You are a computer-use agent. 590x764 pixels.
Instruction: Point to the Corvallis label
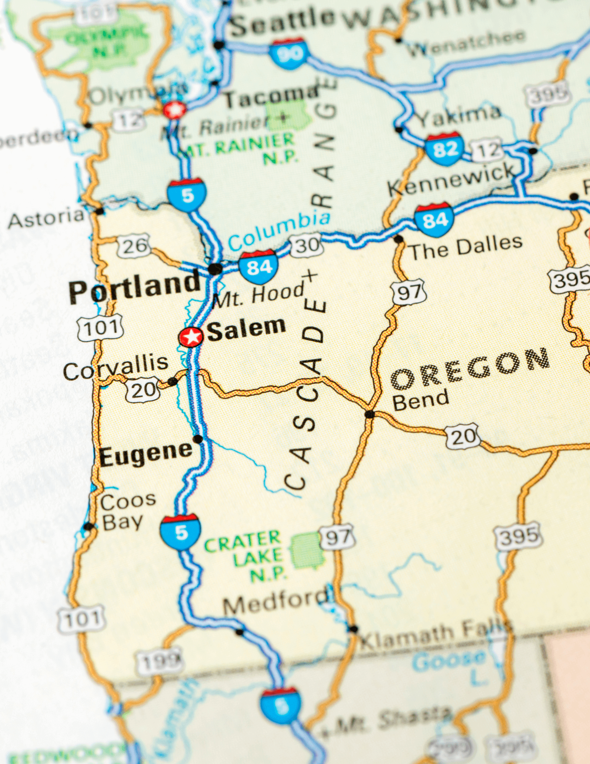(x=116, y=367)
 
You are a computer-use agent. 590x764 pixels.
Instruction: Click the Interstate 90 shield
(x=289, y=53)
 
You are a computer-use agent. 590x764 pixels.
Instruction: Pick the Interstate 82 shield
(x=445, y=149)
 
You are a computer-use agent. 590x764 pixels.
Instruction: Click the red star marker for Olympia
(x=175, y=110)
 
